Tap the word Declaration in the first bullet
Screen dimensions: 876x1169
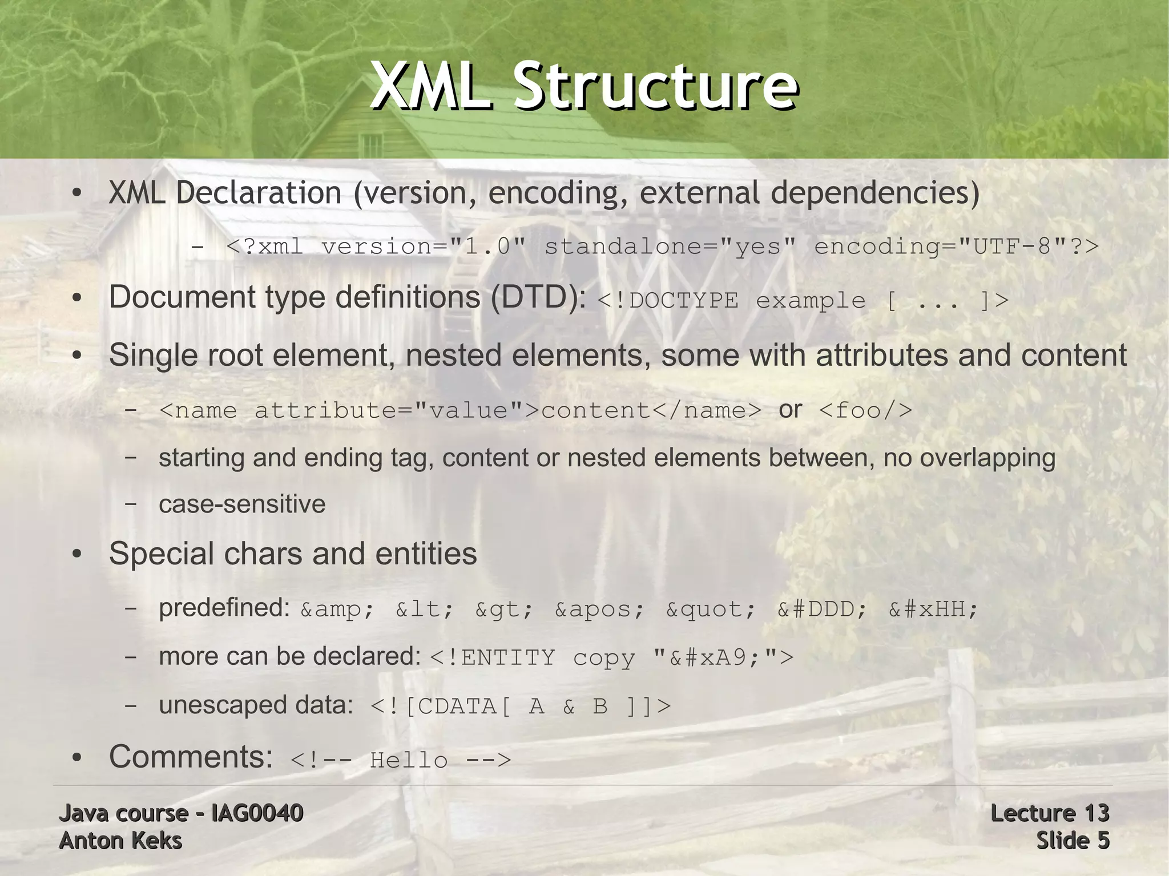pyautogui.click(x=258, y=192)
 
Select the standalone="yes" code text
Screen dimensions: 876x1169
pyautogui.click(x=670, y=247)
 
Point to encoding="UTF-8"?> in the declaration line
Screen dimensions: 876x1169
pyautogui.click(x=956, y=247)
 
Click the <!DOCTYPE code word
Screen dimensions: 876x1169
pyautogui.click(x=667, y=301)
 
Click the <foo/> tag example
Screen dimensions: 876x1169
pyautogui.click(x=865, y=410)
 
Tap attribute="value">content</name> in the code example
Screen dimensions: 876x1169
pyautogui.click(x=507, y=410)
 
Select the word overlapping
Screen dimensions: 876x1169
pyautogui.click(x=987, y=458)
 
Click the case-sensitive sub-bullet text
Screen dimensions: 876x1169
pyautogui.click(x=242, y=504)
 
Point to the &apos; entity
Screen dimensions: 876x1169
pyautogui.click(x=599, y=609)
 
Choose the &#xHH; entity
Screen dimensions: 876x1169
pyautogui.click(x=933, y=609)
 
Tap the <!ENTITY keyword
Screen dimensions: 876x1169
pyautogui.click(x=492, y=658)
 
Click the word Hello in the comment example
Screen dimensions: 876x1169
pyautogui.click(x=409, y=760)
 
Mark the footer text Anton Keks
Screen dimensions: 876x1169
pyautogui.click(x=120, y=841)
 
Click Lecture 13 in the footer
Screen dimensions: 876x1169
pyautogui.click(x=1049, y=813)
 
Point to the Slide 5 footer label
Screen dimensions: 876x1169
pyautogui.click(x=1073, y=841)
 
